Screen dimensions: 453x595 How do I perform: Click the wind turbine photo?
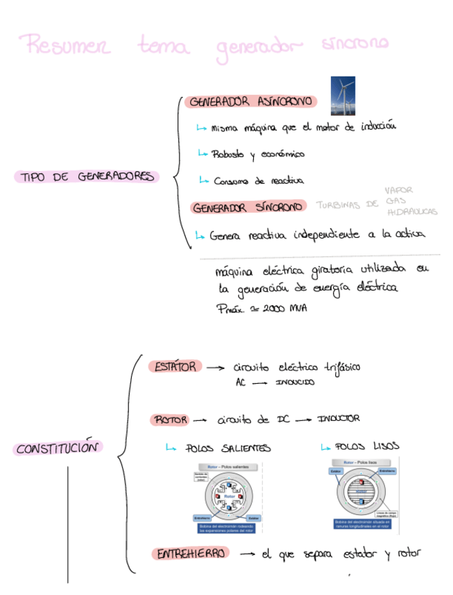click(342, 95)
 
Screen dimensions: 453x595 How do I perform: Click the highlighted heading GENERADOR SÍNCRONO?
click(248, 207)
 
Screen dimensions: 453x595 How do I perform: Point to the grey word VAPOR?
click(399, 190)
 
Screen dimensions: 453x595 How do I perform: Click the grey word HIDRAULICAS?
click(412, 211)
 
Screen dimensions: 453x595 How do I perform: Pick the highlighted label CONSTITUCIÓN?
click(57, 448)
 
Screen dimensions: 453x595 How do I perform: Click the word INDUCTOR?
click(339, 418)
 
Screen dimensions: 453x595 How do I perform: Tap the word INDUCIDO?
click(295, 382)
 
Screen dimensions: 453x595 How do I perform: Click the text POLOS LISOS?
click(367, 446)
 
